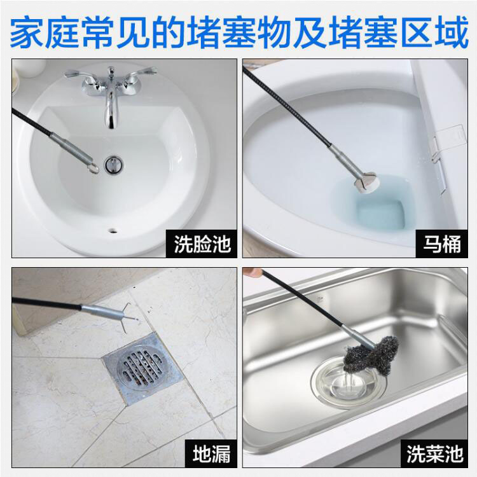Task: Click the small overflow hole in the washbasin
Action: coord(114,226)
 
